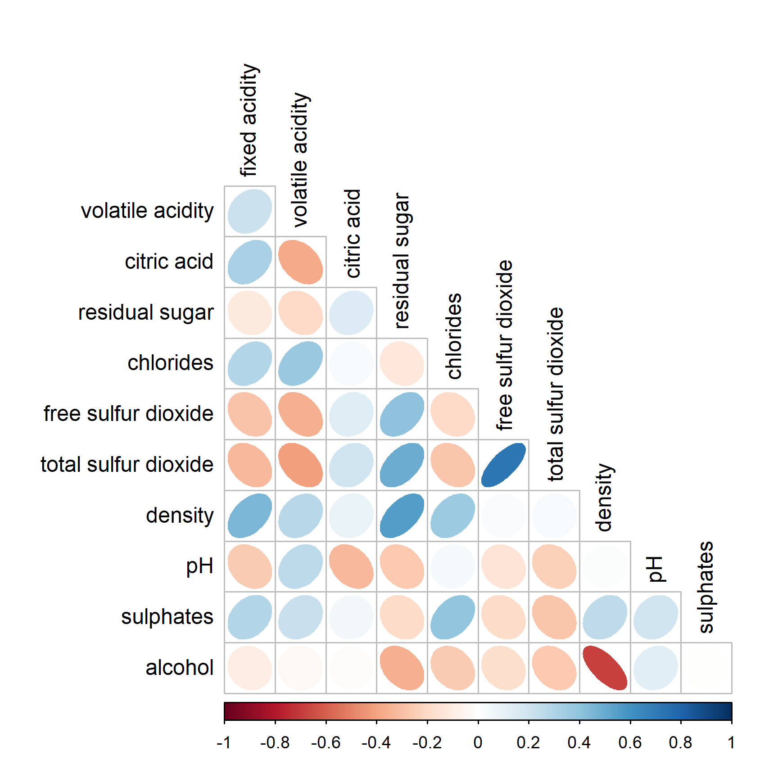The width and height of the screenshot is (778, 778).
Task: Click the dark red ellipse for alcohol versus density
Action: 605,668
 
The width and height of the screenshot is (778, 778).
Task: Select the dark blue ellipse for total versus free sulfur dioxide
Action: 503,465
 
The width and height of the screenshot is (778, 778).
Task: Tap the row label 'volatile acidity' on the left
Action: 147,211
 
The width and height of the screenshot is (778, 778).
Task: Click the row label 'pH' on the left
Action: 199,566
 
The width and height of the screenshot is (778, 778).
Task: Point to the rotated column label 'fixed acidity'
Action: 249,120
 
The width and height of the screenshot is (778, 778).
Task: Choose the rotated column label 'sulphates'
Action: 706,587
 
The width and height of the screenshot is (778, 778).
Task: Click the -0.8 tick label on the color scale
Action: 275,742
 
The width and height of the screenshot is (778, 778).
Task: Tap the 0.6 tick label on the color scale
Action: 629,742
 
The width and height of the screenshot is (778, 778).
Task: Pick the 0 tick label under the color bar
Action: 478,742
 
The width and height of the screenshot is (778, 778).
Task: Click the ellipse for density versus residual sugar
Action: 402,516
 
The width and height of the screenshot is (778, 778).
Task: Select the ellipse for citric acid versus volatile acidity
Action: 300,262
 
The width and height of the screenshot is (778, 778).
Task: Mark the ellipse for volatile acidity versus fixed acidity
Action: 250,211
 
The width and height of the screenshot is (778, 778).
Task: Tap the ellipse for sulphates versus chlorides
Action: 452,617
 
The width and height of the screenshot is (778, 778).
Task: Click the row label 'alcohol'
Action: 179,668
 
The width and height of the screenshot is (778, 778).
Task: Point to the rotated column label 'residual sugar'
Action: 402,261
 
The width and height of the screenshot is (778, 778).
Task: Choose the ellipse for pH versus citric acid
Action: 351,566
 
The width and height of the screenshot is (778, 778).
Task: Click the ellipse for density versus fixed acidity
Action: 250,516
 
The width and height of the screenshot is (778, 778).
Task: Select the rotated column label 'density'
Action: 604,498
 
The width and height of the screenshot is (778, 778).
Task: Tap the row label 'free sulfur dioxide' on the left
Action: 128,414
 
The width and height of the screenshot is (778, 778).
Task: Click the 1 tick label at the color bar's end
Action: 731,742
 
